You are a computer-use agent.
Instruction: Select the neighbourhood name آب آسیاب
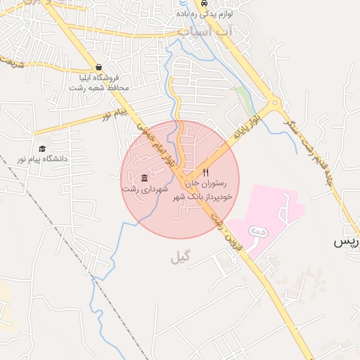(205, 32)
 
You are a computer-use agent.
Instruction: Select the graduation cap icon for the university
(43, 148)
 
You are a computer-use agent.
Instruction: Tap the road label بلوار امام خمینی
(150, 143)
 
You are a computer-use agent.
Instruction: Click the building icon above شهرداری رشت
(145, 178)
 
